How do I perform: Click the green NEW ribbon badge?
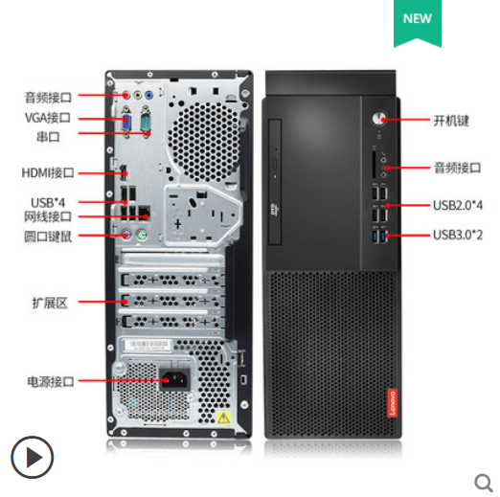[x=418, y=23]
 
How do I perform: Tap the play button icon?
[x=32, y=457]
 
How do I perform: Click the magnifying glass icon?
[x=484, y=484]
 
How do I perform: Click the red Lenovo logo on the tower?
[x=393, y=403]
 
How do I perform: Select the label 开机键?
[x=451, y=121]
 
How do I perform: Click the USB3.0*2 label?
[x=458, y=235]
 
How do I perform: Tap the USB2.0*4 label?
[x=458, y=205]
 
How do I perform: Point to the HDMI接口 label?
[x=48, y=172]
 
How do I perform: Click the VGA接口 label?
[x=48, y=118]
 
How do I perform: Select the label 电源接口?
[x=51, y=381]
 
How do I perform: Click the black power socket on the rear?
[x=174, y=380]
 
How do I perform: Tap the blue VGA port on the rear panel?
[x=126, y=123]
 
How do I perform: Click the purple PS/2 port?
[x=126, y=236]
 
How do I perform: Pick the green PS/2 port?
[x=142, y=236]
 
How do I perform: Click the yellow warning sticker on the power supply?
[x=223, y=418]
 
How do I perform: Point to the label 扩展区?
[x=50, y=303]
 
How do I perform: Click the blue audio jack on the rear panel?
[x=148, y=95]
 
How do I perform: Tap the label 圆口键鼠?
[x=48, y=237]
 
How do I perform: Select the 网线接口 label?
[x=48, y=216]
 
